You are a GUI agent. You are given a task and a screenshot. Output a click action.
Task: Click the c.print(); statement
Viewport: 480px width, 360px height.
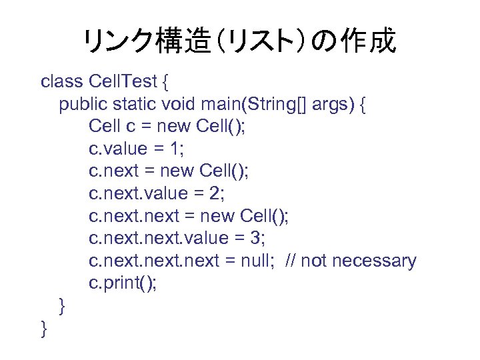tap(123, 283)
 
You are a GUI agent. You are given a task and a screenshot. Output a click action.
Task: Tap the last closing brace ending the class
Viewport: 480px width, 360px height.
tap(44, 329)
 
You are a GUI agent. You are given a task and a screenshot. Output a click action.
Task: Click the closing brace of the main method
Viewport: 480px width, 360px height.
tap(62, 306)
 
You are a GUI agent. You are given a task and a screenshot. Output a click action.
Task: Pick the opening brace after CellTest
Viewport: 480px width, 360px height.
tap(166, 83)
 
